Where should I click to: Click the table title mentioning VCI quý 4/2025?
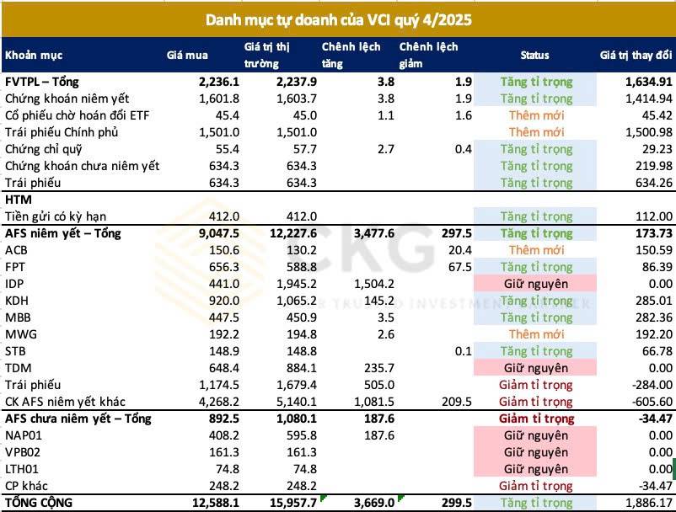tap(337, 19)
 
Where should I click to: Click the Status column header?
tap(534, 56)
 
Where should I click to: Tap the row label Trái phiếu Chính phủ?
tap(62, 132)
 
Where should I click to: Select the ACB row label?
tap(16, 250)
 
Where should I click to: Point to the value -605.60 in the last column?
tap(645, 402)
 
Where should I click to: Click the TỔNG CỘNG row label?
tap(39, 503)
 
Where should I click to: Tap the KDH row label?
tap(16, 301)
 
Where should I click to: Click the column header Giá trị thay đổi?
tap(636, 56)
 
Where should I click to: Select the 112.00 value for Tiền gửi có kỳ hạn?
tap(649, 216)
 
